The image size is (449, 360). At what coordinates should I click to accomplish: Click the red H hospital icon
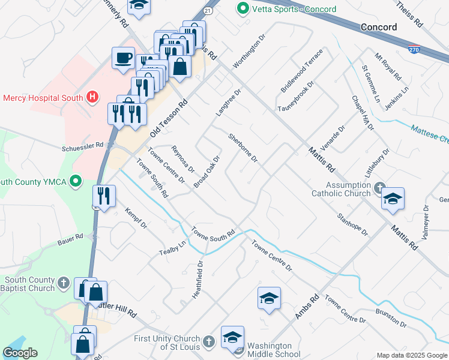tap(92, 97)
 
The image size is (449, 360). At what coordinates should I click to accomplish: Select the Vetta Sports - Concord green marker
tap(243, 9)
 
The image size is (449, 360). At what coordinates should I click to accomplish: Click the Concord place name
tap(379, 27)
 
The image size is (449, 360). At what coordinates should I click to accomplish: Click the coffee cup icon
tap(124, 58)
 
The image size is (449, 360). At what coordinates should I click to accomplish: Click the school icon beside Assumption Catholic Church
tap(393, 200)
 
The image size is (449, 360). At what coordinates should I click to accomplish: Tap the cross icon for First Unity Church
tap(208, 342)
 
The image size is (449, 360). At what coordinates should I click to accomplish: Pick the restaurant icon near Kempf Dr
tap(104, 196)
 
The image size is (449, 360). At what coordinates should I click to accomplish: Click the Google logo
tap(20, 353)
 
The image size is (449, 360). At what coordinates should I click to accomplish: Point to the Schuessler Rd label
tap(83, 146)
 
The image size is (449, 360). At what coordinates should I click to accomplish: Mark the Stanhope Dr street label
tap(352, 223)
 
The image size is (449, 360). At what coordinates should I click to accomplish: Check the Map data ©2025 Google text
tap(412, 355)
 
